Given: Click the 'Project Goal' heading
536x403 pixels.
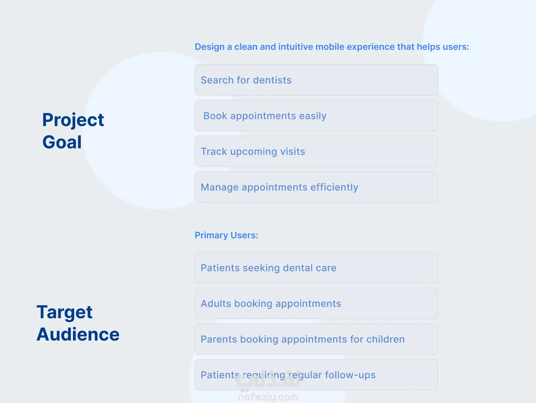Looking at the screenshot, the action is click(x=73, y=130).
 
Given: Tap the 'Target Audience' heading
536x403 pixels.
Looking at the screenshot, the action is click(x=78, y=323).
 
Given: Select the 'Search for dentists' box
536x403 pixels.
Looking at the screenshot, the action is click(x=316, y=80).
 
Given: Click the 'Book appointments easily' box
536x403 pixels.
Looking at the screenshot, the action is click(x=316, y=116).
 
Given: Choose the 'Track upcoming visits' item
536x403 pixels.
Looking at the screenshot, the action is click(x=316, y=151).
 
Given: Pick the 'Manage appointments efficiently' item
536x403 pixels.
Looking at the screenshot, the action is click(x=316, y=187).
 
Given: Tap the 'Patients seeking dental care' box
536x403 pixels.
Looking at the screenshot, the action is click(x=316, y=268).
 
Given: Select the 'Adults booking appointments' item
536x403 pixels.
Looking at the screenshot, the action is click(x=316, y=303).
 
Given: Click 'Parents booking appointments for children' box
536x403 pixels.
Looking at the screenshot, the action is click(x=316, y=339).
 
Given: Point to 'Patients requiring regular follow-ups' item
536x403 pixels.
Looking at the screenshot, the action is click(x=316, y=375).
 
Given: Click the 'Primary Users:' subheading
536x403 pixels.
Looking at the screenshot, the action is click(x=226, y=235).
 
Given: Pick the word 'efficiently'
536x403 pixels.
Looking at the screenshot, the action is click(x=334, y=187).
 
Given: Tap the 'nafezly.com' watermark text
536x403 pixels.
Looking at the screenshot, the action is click(x=268, y=397).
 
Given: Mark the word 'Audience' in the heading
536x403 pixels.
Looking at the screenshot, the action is click(x=78, y=334).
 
